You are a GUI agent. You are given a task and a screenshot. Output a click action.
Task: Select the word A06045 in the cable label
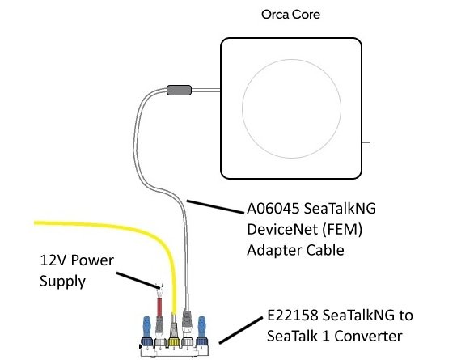coord(276,209)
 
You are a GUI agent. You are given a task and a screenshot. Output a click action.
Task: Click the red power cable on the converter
coord(161,311)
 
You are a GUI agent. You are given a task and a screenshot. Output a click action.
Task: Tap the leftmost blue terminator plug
coord(147,332)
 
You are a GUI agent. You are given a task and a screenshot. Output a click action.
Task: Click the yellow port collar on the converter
coord(175,343)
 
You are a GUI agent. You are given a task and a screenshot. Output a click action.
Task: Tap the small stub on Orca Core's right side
coord(365,144)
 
